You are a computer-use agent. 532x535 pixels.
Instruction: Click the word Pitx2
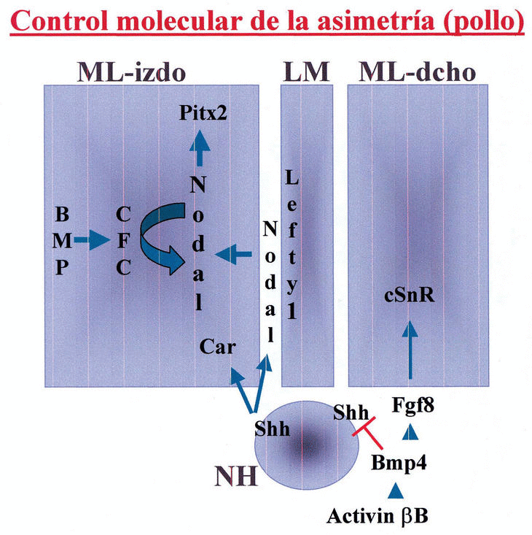pos(199,113)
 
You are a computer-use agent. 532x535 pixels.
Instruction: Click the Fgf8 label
pos(412,403)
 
